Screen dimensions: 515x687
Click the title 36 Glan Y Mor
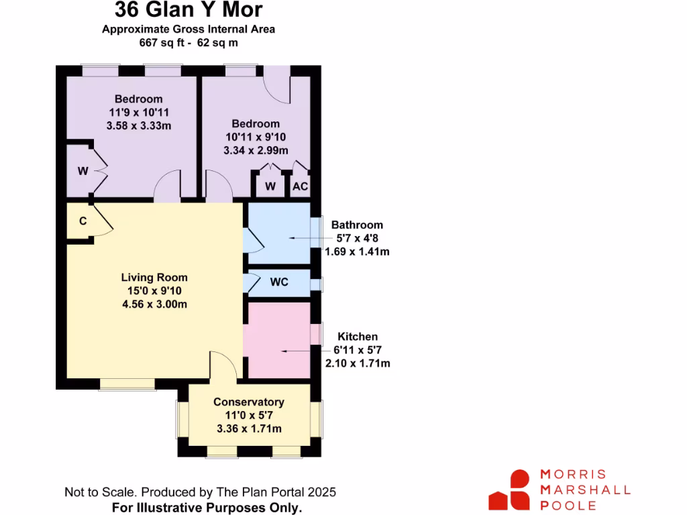(189, 10)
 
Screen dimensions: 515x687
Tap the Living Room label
(154, 277)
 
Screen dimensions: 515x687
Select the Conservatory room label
(249, 402)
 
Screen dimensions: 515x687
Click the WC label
(279, 282)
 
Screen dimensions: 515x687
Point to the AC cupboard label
(300, 186)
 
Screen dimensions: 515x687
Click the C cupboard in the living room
(83, 221)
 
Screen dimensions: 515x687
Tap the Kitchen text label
(358, 337)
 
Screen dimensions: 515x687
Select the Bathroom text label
(357, 225)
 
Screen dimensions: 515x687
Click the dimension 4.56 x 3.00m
(154, 304)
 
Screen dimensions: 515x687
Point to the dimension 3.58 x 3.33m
(138, 125)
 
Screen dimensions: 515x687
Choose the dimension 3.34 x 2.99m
(256, 150)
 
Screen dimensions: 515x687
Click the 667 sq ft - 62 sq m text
(189, 42)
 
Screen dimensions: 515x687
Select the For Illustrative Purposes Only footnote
(207, 507)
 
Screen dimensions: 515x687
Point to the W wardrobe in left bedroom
(83, 171)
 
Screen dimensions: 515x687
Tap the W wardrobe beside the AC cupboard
(270, 186)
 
